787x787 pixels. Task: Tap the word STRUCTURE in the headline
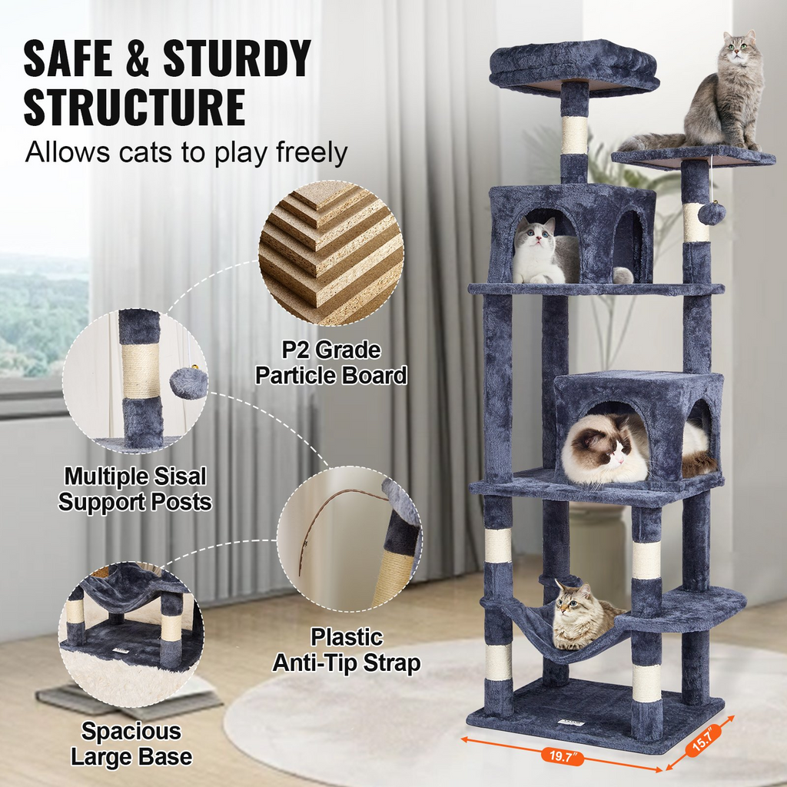134,108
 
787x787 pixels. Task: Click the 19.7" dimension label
562,755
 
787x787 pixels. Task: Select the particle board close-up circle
331,253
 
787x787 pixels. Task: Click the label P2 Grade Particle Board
331,363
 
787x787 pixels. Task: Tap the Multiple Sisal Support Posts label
135,490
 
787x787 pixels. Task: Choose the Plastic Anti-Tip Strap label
347,650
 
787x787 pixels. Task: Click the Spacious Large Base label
131,743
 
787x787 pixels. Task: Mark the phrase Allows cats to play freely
187,152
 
